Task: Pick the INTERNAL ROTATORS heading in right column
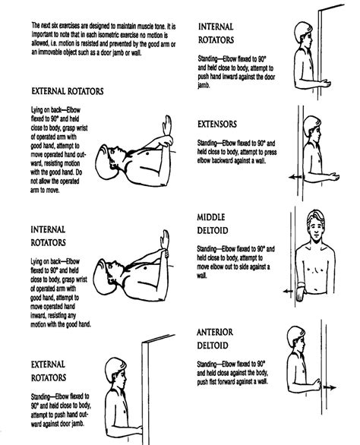click(x=220, y=30)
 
